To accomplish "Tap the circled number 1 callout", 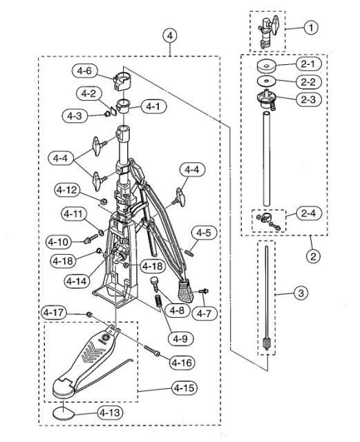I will coord(310,29).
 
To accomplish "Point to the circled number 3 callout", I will coord(301,294).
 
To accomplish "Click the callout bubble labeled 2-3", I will coord(306,99).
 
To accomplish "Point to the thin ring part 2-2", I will coord(265,82).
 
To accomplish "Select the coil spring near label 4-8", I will coord(158,302).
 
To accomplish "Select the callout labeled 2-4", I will coord(306,213).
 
